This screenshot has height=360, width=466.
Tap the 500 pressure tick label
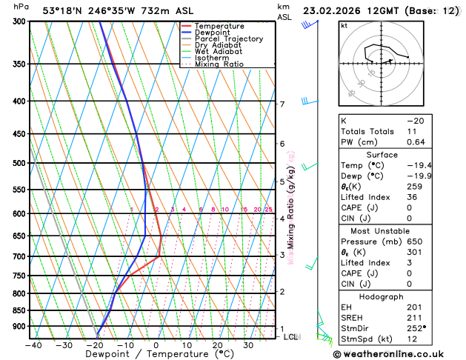(x=18, y=163)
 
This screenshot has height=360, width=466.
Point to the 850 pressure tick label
(x=18, y=310)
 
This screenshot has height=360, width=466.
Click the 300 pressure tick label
(x=18, y=21)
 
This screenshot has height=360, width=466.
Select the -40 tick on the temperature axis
(x=33, y=344)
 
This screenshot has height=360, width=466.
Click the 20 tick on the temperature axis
(x=217, y=344)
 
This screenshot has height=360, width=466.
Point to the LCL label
(x=291, y=337)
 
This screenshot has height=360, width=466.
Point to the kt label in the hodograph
(x=344, y=25)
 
